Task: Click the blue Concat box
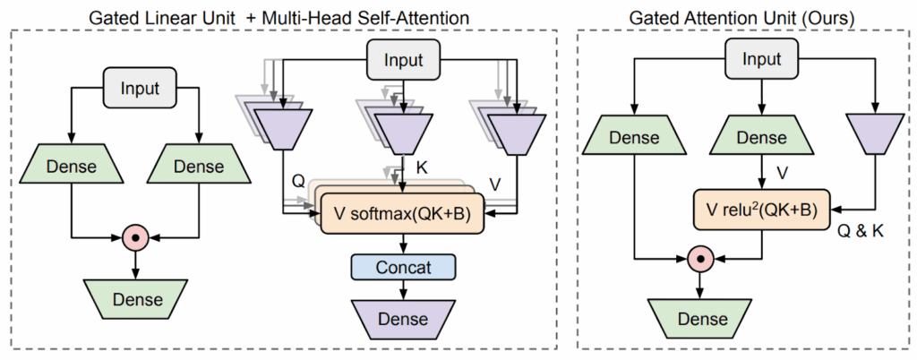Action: click(404, 267)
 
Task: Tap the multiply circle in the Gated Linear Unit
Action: click(134, 238)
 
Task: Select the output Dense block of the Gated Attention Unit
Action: click(702, 317)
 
